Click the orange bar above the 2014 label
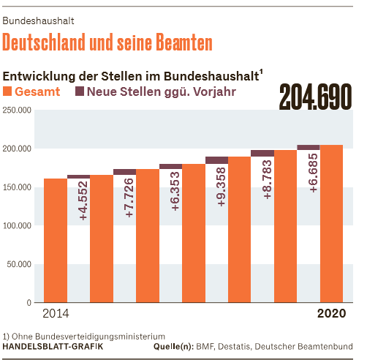(56, 241)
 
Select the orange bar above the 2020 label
(331, 224)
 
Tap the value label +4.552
(83, 200)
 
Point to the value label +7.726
(129, 198)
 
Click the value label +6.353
(175, 191)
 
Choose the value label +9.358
(222, 187)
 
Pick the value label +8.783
(268, 179)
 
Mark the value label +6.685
(314, 173)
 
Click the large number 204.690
(316, 97)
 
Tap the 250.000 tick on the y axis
(17, 110)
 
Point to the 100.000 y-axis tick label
(17, 225)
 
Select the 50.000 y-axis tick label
(19, 264)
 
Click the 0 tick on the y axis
(29, 303)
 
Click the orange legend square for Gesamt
(7, 91)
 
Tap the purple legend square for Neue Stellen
(80, 91)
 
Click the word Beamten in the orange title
(184, 42)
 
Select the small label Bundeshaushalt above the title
(38, 21)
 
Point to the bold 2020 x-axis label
(332, 313)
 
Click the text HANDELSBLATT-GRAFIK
(53, 347)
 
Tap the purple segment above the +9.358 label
(217, 160)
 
